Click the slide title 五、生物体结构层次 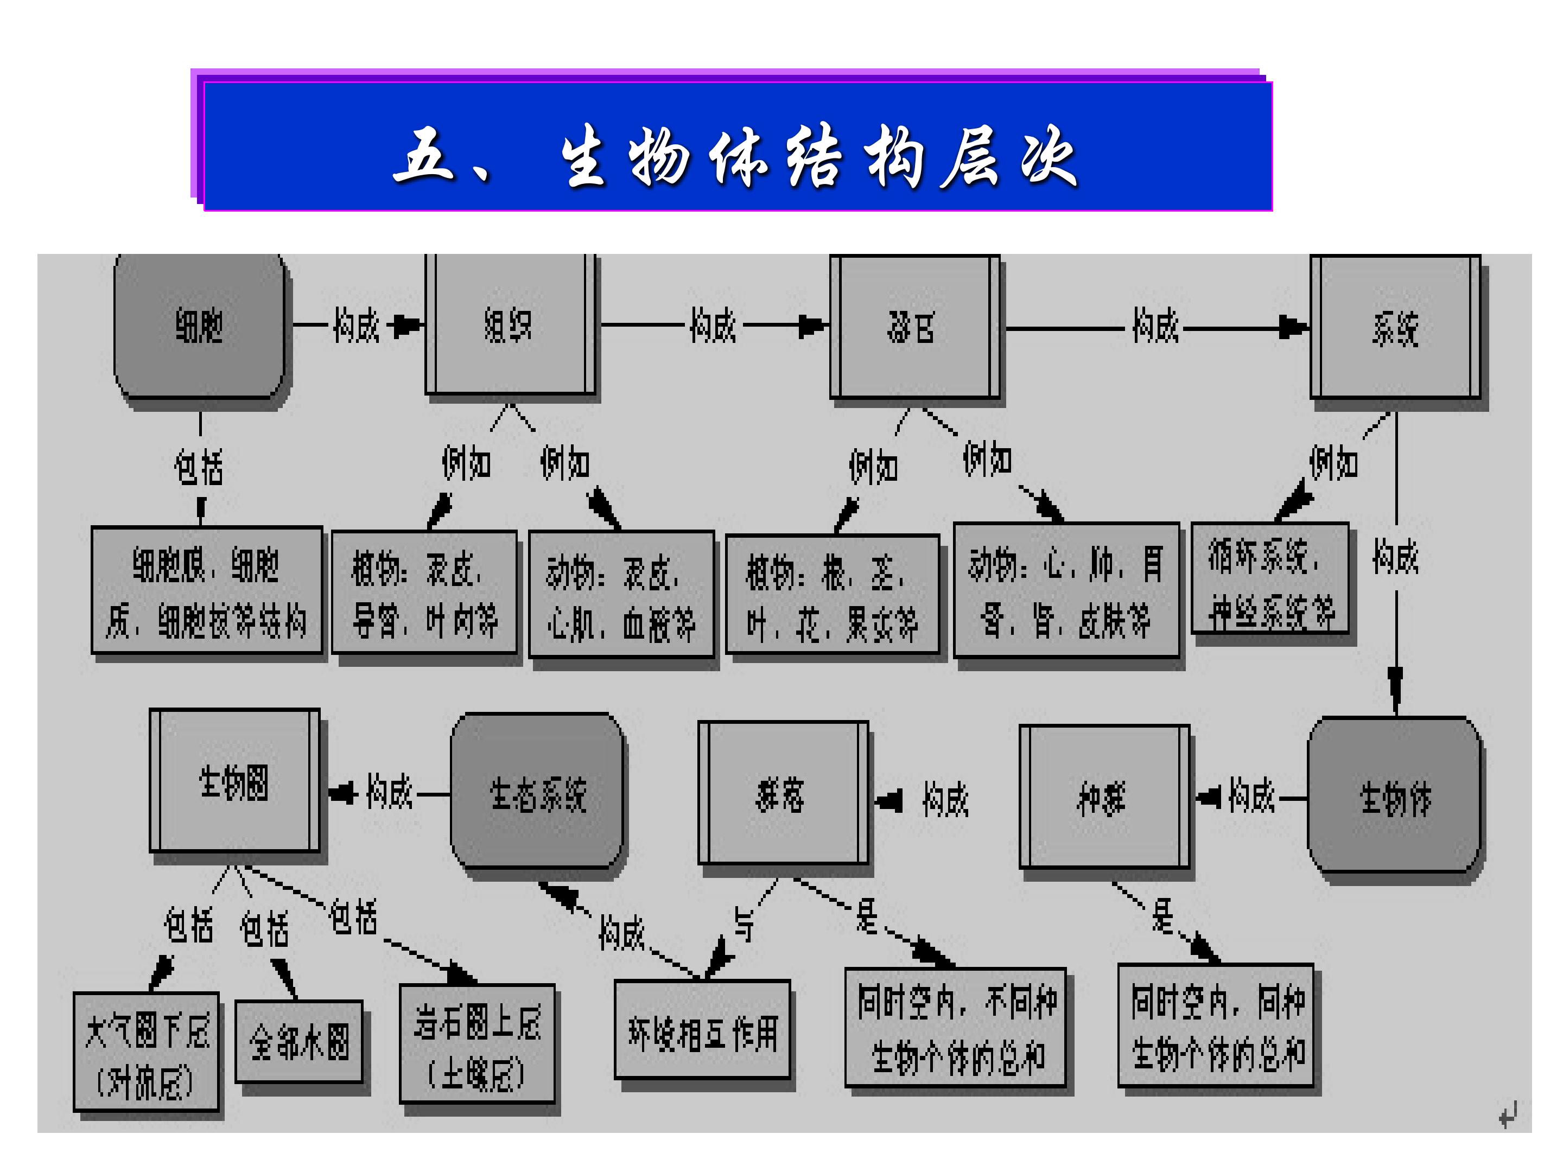pos(735,157)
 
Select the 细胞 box pos(199,327)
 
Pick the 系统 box pos(1395,328)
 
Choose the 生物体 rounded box pos(1394,798)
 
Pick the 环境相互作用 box pos(702,1032)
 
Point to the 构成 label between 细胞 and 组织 pos(356,326)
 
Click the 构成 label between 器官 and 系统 pos(1155,327)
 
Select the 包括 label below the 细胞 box pos(199,467)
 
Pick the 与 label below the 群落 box pos(744,924)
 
